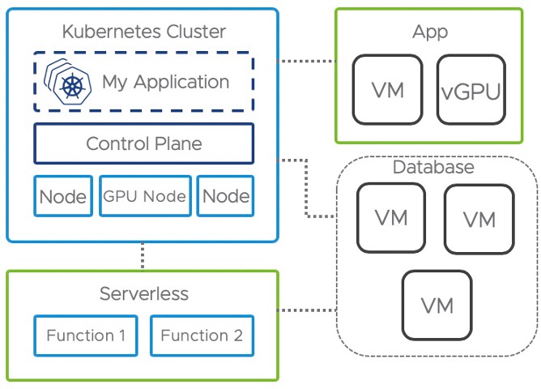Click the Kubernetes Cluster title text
tap(144, 32)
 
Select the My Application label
tap(165, 82)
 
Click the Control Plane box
tap(144, 144)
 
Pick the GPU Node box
tap(144, 196)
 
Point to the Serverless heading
tap(144, 293)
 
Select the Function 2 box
tap(202, 335)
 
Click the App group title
tap(429, 32)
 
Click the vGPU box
tap(470, 89)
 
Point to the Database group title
tap(433, 168)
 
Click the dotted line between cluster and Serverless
tap(143, 256)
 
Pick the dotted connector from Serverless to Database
tap(307, 310)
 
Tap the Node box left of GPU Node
tap(63, 196)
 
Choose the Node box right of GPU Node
tap(226, 196)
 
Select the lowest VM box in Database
tap(437, 306)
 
